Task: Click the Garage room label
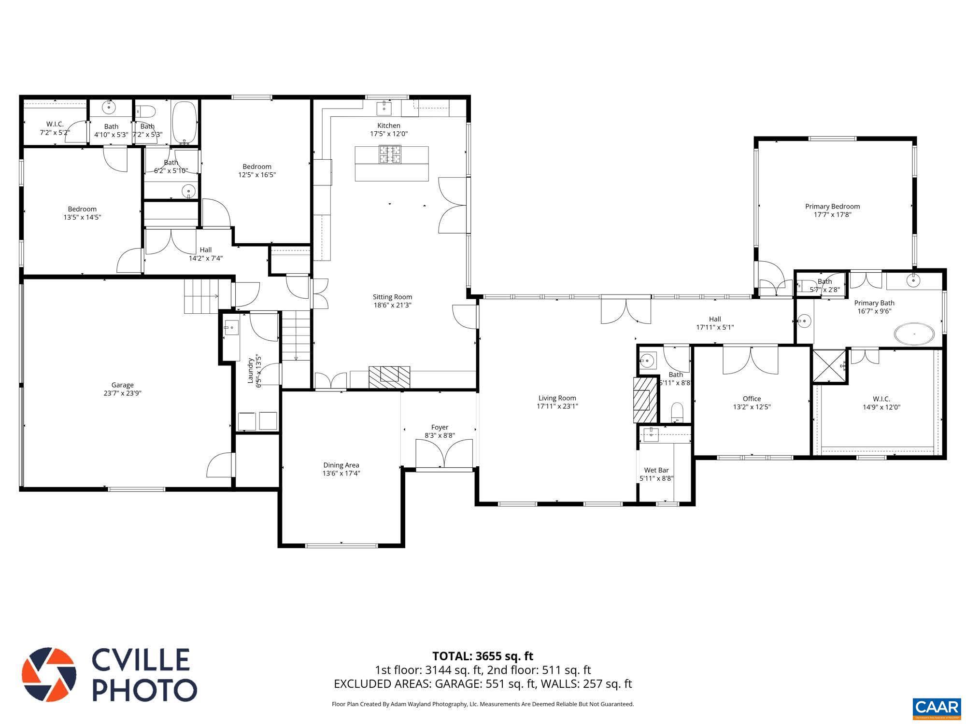click(122, 385)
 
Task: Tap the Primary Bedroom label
click(832, 207)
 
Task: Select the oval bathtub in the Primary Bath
click(914, 334)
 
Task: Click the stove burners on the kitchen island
click(390, 154)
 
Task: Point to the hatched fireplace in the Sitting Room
click(389, 377)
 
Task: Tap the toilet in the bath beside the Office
click(677, 412)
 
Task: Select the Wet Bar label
click(656, 470)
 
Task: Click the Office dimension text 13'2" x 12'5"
click(752, 407)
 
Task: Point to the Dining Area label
click(341, 465)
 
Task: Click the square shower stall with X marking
click(830, 366)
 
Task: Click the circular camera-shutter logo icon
click(49, 675)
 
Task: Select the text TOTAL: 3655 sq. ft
click(483, 656)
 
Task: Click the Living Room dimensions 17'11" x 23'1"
click(557, 406)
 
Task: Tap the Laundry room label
click(251, 370)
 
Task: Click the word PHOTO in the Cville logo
click(144, 690)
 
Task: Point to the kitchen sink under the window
click(384, 106)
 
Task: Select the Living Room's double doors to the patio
click(626, 311)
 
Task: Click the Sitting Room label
click(392, 297)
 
